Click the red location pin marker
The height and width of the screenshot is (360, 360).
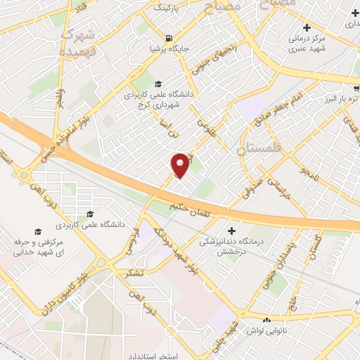(180, 165)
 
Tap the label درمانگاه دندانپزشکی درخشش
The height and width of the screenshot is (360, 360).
(232, 246)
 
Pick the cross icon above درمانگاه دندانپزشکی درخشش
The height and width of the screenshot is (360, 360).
(232, 230)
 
